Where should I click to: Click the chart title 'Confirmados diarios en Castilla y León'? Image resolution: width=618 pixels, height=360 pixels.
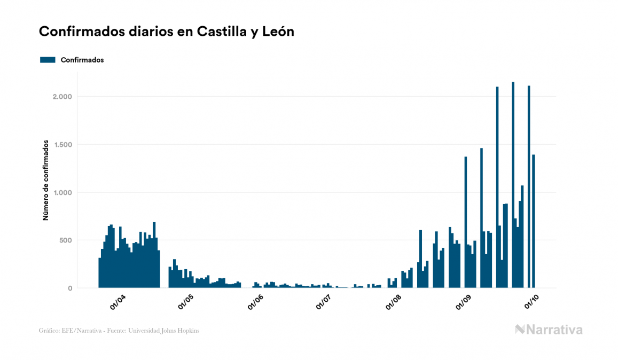point(167,32)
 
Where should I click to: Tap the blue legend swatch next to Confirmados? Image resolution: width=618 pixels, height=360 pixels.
point(48,60)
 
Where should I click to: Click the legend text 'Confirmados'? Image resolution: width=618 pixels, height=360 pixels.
point(82,60)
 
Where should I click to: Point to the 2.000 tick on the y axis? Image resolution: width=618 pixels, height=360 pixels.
point(62,97)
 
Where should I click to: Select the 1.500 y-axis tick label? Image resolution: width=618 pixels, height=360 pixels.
point(62,145)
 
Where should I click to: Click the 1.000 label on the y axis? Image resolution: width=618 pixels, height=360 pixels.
point(62,193)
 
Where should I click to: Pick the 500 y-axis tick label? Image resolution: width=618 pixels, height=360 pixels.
point(65,240)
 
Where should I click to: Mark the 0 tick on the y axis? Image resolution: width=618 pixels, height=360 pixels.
point(69,288)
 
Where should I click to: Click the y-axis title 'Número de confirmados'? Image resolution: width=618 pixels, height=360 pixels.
point(46,181)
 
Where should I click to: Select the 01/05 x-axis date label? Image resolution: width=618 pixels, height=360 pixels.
point(186,302)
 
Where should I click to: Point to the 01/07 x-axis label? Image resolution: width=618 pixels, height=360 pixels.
point(324,302)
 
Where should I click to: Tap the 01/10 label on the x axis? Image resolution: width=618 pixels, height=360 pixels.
point(531,302)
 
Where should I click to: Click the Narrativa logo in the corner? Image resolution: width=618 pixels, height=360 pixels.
point(549,330)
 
